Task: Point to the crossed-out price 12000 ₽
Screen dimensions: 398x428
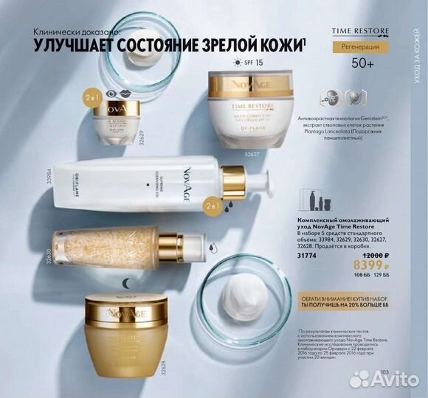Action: pos(357,256)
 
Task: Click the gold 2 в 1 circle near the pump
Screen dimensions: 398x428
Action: pos(215,204)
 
